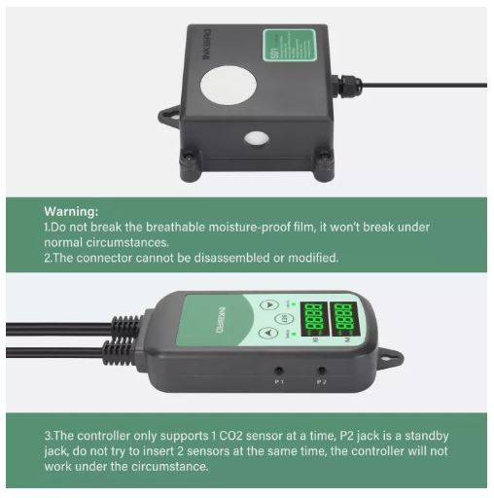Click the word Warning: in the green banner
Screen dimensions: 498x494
click(71, 209)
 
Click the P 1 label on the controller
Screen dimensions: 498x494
click(280, 382)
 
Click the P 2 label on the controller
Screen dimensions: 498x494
click(323, 382)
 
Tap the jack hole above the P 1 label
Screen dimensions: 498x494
click(280, 370)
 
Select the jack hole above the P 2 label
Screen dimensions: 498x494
click(322, 370)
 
